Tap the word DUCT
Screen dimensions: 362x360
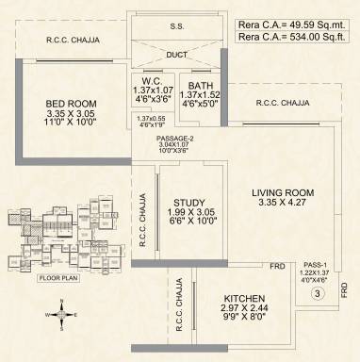click(176, 55)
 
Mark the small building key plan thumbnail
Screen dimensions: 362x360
click(63, 232)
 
